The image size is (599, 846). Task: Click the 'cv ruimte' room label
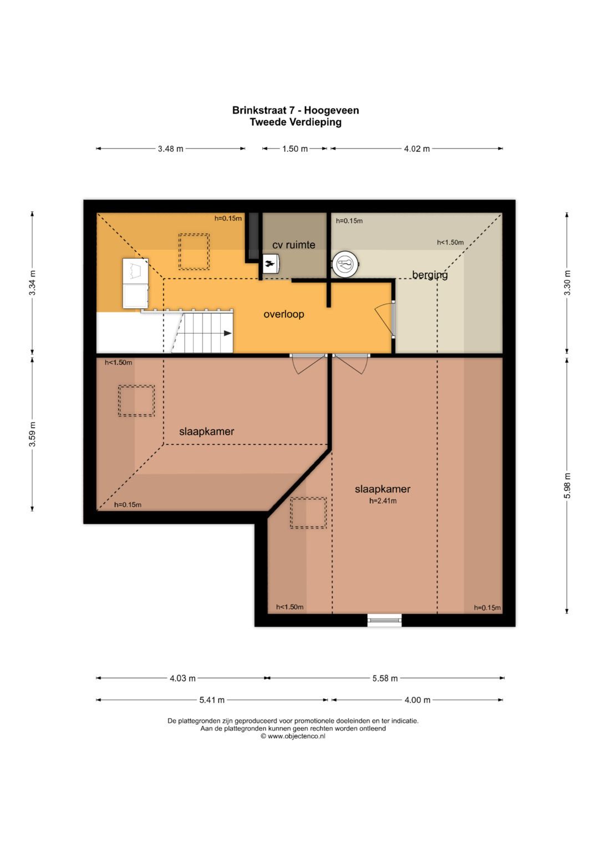(293, 245)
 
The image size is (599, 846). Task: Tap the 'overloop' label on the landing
(283, 314)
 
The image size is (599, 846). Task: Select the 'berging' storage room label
(430, 275)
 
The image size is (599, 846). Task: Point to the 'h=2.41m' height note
(383, 501)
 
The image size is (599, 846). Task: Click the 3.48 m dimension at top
(171, 149)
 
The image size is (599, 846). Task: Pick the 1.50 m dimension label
(295, 149)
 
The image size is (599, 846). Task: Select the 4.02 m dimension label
(417, 149)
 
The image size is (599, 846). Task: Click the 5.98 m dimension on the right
(567, 485)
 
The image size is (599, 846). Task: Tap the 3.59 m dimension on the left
(33, 434)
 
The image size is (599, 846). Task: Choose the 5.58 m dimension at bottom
(385, 678)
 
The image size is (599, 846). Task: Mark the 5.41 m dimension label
(212, 700)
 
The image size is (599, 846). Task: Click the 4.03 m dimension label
(182, 678)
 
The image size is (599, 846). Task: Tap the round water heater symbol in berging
(345, 264)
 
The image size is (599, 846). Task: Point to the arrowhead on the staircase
(227, 333)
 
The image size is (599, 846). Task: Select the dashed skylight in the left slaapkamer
(136, 401)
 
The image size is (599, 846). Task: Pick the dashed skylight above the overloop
(194, 252)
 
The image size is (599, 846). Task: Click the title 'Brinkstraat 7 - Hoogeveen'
(296, 110)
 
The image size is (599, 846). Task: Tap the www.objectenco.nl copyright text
(293, 736)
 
